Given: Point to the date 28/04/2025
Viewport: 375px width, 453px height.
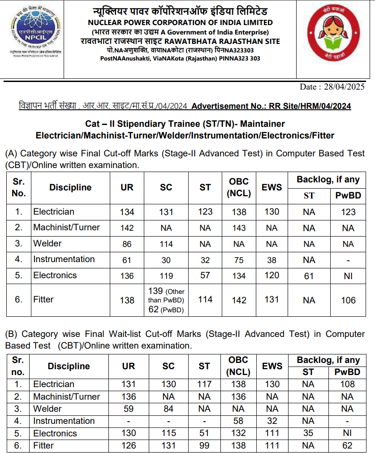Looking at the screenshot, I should (332, 86).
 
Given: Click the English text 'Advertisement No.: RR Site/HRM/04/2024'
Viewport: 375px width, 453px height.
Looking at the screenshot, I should (271, 106).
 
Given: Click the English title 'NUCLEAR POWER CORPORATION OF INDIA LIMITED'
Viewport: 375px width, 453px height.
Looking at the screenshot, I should (180, 22).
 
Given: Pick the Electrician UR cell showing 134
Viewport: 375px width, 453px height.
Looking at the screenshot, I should (127, 212).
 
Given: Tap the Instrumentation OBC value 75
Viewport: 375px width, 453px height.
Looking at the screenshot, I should (239, 260).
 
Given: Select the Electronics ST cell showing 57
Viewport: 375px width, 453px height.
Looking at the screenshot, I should (205, 276).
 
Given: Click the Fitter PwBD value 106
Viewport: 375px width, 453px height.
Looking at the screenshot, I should (348, 301).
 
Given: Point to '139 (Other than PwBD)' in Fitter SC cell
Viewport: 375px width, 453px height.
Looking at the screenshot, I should (166, 295).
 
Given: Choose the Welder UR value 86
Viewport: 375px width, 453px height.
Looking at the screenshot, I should (127, 244).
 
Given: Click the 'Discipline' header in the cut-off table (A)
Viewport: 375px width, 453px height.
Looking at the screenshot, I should (70, 188).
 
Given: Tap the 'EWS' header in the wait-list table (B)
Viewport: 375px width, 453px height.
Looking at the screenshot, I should (272, 366).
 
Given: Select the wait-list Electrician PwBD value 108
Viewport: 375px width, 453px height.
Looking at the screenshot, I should (347, 384).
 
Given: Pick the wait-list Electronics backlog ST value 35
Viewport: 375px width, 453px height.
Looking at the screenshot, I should (308, 433).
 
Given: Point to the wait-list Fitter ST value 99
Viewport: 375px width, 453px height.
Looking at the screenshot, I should (204, 446).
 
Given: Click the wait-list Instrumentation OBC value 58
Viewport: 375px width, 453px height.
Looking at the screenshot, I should (238, 421).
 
